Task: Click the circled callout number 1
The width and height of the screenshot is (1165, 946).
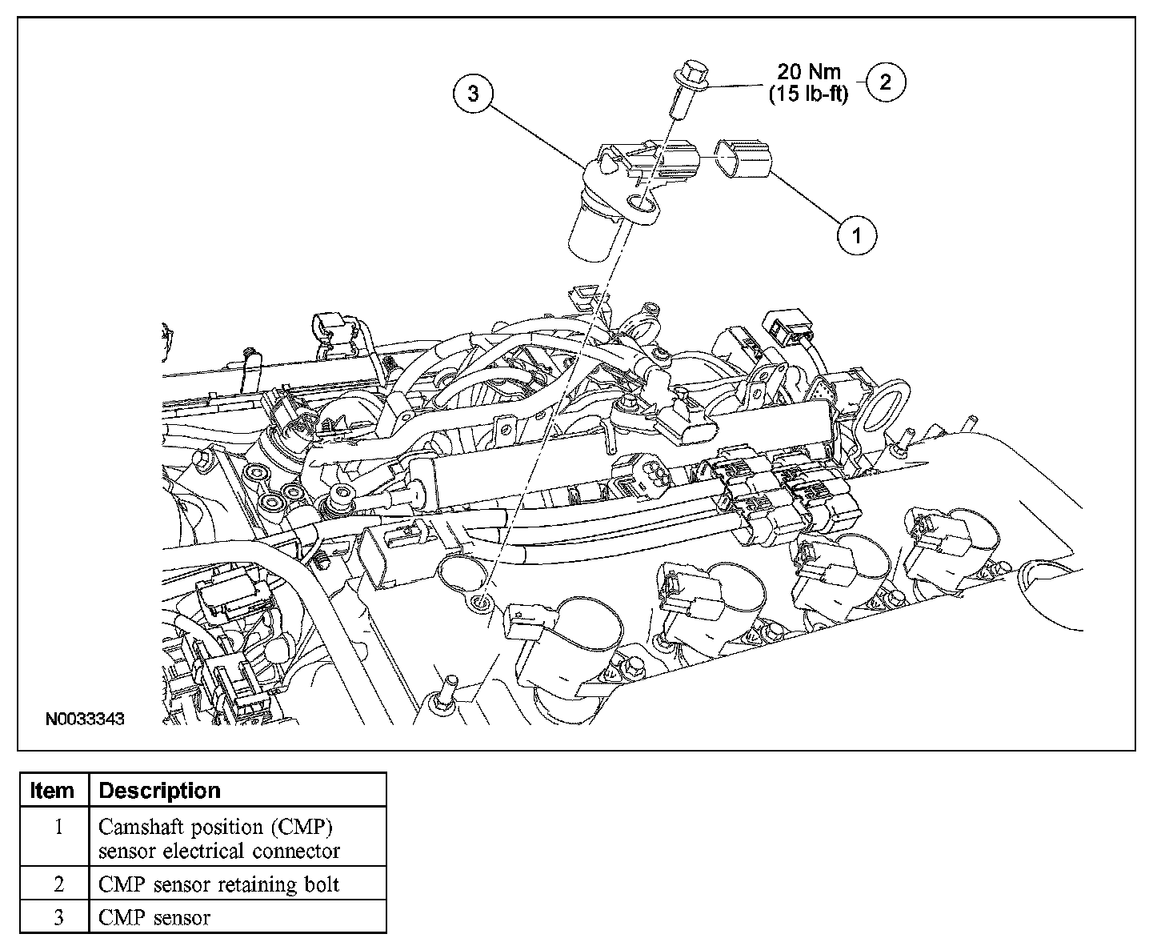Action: pyautogui.click(x=857, y=235)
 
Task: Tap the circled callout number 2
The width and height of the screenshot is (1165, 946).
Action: pyautogui.click(x=886, y=81)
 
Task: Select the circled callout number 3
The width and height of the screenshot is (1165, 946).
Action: pyautogui.click(x=473, y=94)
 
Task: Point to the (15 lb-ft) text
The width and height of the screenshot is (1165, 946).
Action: pyautogui.click(x=808, y=94)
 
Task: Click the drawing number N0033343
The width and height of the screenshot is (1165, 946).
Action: pyautogui.click(x=84, y=720)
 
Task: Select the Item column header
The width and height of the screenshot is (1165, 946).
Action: pyautogui.click(x=52, y=791)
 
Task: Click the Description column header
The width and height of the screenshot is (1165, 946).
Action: pyautogui.click(x=159, y=791)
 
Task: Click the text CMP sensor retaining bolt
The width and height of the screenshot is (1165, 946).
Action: pyautogui.click(x=218, y=884)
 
